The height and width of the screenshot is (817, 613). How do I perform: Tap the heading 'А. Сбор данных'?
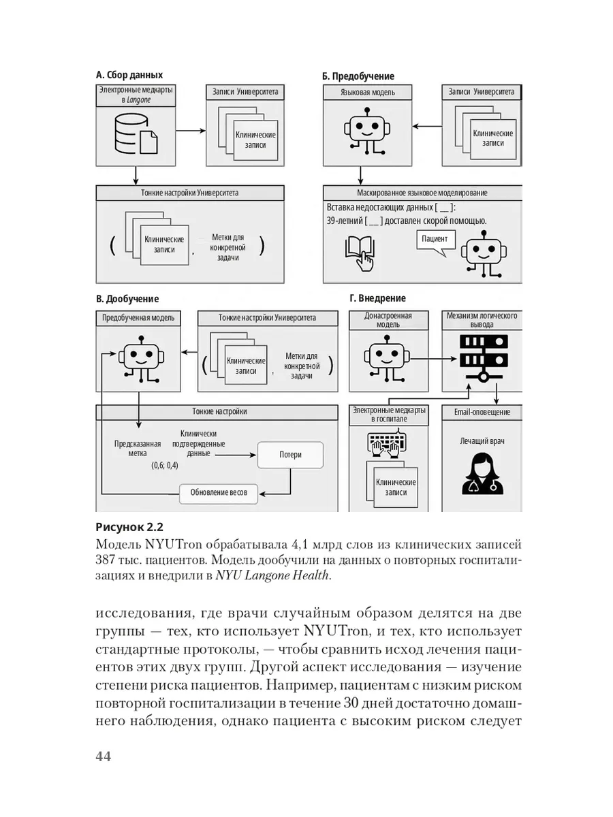129,75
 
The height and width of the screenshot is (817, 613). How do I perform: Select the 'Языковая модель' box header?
367,93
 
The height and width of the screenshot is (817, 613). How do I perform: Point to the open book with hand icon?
360,253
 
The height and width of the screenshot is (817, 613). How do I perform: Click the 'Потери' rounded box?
290,455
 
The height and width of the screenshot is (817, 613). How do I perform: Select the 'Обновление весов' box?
219,494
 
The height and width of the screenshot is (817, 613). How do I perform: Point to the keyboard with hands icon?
388,443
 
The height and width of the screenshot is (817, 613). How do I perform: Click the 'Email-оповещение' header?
482,413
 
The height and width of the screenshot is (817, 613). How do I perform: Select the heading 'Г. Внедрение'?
377,298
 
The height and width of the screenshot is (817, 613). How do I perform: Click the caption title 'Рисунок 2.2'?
129,528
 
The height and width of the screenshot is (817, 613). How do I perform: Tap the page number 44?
103,756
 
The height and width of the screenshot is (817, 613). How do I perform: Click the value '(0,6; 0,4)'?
165,465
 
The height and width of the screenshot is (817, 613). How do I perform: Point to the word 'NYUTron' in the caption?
174,545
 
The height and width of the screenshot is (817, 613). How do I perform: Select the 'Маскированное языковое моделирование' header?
422,193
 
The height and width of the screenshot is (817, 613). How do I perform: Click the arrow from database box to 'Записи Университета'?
191,131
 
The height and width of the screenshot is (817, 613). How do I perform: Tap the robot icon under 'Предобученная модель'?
142,359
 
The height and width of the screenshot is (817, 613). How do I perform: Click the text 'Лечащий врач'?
482,441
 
